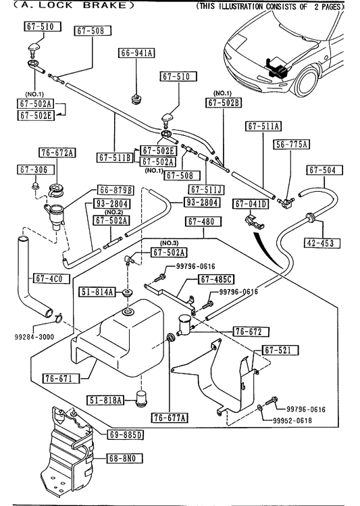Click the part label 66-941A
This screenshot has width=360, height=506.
coord(136,53)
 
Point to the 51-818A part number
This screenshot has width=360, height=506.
coord(105,400)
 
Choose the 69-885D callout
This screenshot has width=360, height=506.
coord(125,434)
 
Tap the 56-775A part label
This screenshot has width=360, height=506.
coord(291,145)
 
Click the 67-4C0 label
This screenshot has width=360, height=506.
coord(51,278)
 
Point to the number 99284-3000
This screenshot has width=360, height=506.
coord(34,337)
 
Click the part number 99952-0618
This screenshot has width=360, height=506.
coord(292,420)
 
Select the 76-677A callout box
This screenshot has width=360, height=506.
coord(170,418)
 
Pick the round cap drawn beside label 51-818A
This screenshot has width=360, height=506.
coord(140,399)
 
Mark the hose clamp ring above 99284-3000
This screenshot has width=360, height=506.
coord(57,318)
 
